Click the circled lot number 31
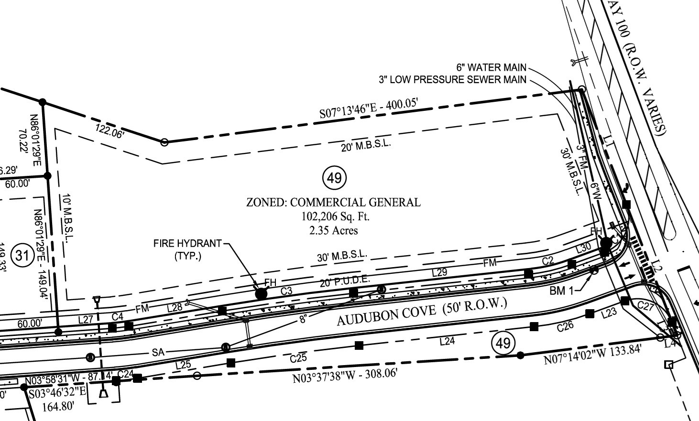tap(22, 255)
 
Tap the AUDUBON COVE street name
tap(421, 311)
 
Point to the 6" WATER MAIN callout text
tap(492, 68)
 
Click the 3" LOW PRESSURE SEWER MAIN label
tap(452, 80)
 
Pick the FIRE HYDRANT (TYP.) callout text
tap(187, 249)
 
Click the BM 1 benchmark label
tap(561, 291)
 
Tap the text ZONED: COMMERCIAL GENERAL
tap(333, 202)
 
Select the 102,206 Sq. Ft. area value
tap(335, 216)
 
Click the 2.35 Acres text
tap(334, 230)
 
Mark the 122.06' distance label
tap(110, 130)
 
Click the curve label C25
tap(298, 357)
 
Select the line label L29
tap(439, 272)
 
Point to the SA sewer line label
tap(158, 353)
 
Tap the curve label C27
tap(645, 306)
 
